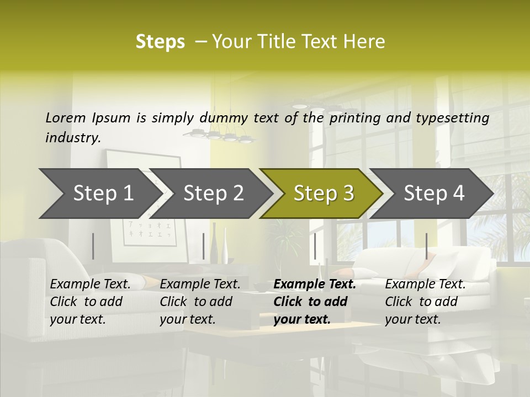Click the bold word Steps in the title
(x=160, y=42)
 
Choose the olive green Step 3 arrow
(x=324, y=194)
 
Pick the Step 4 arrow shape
(x=434, y=194)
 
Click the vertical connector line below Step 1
(x=93, y=246)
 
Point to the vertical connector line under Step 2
(x=204, y=246)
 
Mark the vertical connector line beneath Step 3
(x=315, y=246)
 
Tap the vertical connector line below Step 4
(x=426, y=246)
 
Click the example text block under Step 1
(x=90, y=302)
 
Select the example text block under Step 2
(x=200, y=302)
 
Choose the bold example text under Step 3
(x=315, y=302)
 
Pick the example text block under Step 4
(x=425, y=302)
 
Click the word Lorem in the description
(x=66, y=117)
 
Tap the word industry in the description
(x=72, y=137)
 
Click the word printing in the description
(x=353, y=117)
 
